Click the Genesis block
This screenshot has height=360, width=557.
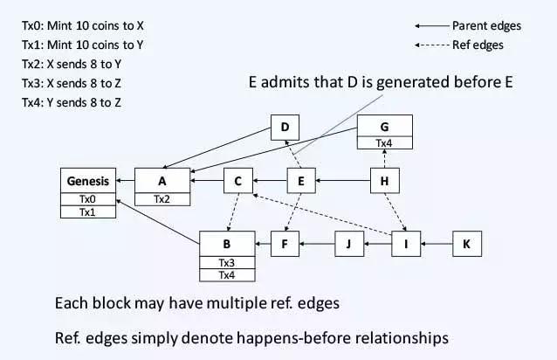click(87, 181)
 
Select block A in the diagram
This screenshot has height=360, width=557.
click(162, 181)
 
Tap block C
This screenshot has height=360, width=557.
click(237, 181)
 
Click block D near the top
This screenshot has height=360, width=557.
click(285, 128)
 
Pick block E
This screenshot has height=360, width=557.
click(300, 181)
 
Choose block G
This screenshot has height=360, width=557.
click(384, 127)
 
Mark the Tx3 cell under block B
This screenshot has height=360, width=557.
click(227, 262)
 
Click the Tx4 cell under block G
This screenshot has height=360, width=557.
click(384, 142)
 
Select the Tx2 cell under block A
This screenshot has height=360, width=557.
click(162, 198)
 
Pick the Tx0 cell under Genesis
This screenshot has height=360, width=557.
click(87, 198)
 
